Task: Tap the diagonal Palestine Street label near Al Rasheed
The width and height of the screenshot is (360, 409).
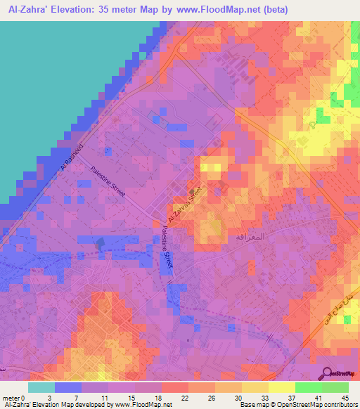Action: point(108,181)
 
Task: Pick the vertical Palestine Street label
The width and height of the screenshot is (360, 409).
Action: point(167,245)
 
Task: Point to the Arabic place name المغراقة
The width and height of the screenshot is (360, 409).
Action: point(248,238)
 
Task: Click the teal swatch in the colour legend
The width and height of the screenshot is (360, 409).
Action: point(41,387)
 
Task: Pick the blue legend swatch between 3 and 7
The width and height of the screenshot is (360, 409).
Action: point(68,387)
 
